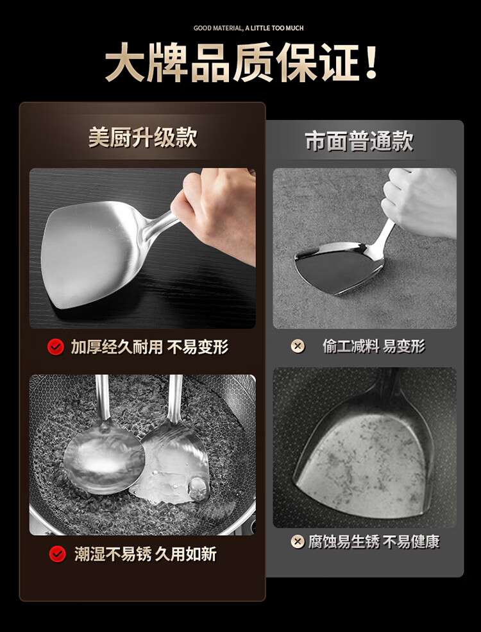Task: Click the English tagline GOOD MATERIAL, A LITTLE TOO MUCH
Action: (249, 28)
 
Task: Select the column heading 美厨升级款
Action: (142, 137)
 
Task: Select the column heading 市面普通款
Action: (359, 141)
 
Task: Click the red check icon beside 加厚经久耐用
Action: (56, 346)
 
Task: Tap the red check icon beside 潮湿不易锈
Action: (57, 554)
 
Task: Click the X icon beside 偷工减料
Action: (298, 346)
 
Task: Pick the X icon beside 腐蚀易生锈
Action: (298, 542)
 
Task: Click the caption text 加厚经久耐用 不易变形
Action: (149, 347)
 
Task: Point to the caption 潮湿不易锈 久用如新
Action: (146, 554)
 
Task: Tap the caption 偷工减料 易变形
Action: (373, 346)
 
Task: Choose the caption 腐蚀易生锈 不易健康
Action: (374, 542)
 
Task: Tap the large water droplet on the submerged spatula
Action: (199, 489)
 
